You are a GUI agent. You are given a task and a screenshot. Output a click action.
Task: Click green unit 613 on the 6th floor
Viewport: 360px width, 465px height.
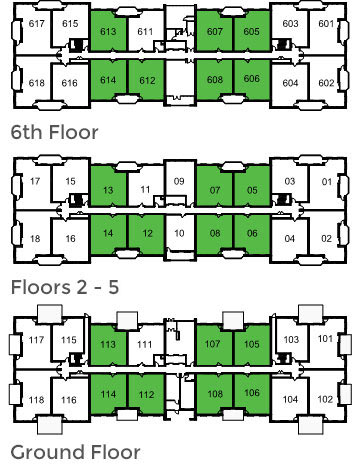coord(109,32)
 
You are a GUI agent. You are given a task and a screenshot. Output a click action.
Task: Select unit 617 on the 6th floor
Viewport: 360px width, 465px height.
coord(36,24)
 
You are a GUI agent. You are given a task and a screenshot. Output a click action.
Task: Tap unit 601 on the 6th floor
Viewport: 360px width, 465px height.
coord(326,24)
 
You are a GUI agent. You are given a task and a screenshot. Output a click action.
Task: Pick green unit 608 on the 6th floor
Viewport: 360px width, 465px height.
coord(214,80)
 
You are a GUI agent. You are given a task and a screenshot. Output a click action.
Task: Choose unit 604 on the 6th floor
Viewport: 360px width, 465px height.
coord(290,83)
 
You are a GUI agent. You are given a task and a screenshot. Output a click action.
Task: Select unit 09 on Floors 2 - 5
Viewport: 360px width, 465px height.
coord(180,182)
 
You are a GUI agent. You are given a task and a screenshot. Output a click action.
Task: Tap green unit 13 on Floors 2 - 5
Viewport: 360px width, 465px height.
coord(109,190)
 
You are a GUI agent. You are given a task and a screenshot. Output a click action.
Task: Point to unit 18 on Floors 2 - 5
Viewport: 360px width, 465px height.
coord(36,239)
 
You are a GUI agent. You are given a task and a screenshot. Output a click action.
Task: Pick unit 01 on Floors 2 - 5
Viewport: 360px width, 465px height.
coord(326,182)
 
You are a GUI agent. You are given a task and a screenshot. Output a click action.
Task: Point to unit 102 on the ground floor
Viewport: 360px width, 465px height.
coord(326,399)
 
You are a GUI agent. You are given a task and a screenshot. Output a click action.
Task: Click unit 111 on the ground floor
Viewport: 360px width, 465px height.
coord(145,346)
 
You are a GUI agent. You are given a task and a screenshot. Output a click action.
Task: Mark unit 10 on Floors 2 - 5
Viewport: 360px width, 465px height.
coord(180,234)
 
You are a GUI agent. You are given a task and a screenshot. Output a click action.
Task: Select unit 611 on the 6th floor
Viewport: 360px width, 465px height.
coord(145,32)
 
